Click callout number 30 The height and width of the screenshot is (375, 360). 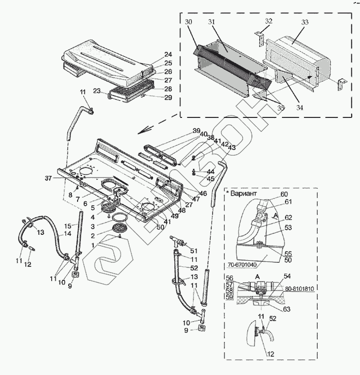click(188, 22)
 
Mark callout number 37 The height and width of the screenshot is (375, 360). click(48, 178)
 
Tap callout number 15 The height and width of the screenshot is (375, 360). click(67, 226)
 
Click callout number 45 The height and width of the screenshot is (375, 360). click(211, 179)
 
